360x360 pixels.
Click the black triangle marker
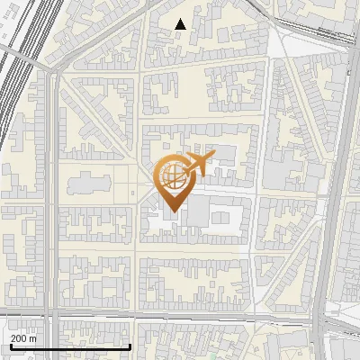(x=181, y=24)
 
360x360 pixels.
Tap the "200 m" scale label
(x=22, y=338)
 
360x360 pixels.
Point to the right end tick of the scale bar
(x=130, y=346)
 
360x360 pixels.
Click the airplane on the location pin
(x=199, y=165)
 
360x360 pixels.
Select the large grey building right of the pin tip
(x=220, y=216)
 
